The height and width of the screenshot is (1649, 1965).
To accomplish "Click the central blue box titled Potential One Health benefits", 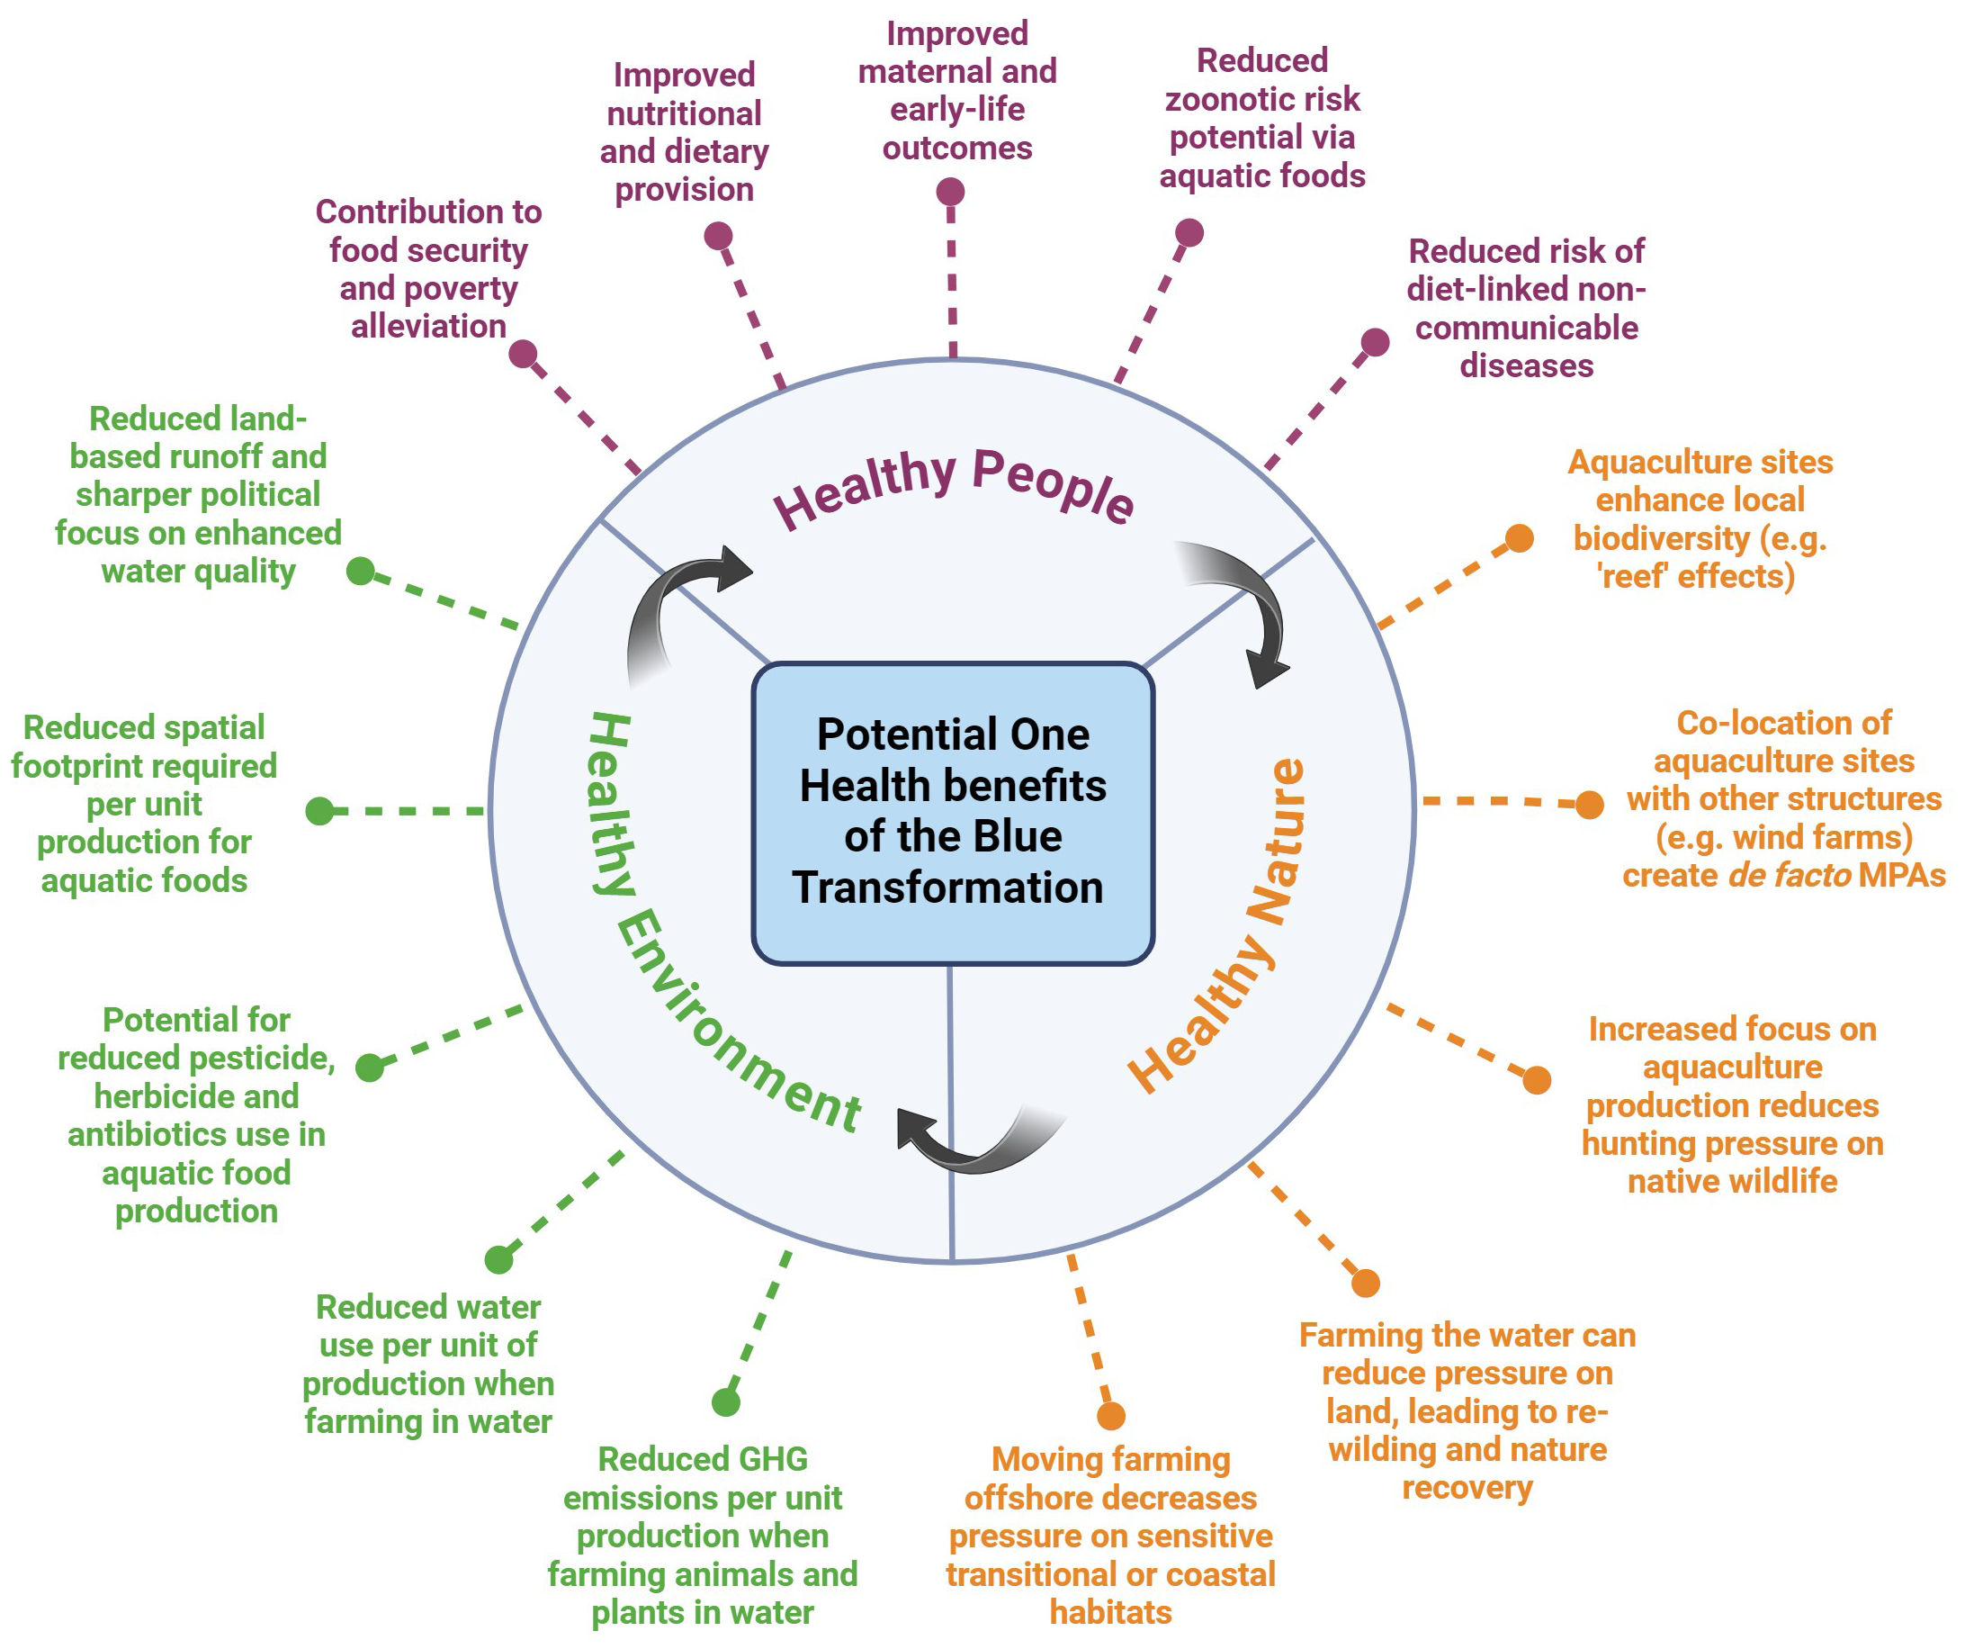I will (x=953, y=812).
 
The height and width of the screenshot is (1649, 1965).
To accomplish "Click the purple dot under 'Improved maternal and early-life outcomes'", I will (x=951, y=192).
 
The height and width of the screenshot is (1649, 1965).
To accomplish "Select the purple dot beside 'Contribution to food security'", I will (x=523, y=354).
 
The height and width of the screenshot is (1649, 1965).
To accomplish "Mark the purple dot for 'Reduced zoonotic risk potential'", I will (x=1189, y=232).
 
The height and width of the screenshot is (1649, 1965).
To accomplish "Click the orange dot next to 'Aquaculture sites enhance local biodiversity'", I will (x=1520, y=538).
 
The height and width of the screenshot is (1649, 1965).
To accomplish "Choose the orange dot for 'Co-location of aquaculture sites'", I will (x=1590, y=804).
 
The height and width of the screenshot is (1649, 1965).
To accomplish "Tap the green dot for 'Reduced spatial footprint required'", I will (x=320, y=810).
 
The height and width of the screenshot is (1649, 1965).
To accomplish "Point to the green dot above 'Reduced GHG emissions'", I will (x=726, y=1402).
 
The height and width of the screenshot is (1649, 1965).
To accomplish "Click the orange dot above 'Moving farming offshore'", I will (x=1110, y=1416).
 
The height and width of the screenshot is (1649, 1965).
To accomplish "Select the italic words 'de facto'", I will (x=1789, y=875).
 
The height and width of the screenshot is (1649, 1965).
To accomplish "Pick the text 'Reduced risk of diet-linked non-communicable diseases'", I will (x=1526, y=309).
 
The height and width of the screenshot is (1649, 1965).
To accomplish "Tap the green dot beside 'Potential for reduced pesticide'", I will (x=370, y=1067).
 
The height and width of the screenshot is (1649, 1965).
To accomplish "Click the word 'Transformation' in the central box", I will (x=948, y=888).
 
